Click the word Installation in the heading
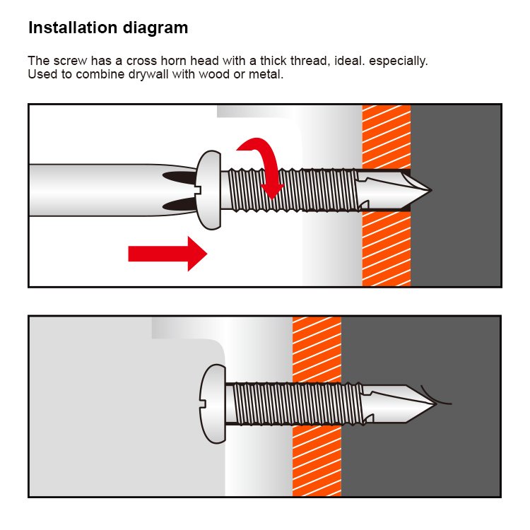[x=73, y=28]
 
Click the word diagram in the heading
[x=155, y=28]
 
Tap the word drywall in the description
[x=148, y=74]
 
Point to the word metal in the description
[x=266, y=74]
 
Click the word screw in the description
[x=70, y=61]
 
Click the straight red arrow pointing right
[x=167, y=254]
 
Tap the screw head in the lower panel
[x=213, y=404]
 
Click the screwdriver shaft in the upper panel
[x=112, y=190]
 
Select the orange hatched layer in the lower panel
[x=317, y=460]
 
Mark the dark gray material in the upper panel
[x=456, y=237]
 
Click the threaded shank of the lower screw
[x=298, y=404]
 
